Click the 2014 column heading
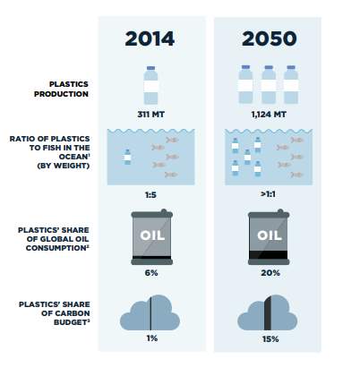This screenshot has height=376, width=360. (x=150, y=38)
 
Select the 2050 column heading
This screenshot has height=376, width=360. (x=270, y=38)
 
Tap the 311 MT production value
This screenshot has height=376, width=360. (x=150, y=115)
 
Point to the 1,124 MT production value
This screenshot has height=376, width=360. (x=269, y=115)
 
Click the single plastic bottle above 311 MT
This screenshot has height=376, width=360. (x=150, y=85)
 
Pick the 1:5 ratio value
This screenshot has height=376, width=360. (x=150, y=195)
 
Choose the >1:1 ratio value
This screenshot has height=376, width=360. (x=268, y=194)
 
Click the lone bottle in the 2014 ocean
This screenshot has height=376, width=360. (x=127, y=157)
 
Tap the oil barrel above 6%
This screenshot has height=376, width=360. (x=152, y=237)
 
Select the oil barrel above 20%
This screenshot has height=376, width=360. (x=269, y=237)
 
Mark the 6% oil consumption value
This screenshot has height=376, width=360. (x=151, y=273)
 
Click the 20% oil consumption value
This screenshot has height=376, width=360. (x=270, y=273)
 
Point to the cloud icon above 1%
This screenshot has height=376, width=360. (x=150, y=313)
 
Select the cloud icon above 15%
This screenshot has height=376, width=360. (x=268, y=312)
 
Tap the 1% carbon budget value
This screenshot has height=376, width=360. (x=152, y=338)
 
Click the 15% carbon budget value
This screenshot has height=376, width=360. (x=270, y=339)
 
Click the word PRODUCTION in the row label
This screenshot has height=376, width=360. (x=61, y=94)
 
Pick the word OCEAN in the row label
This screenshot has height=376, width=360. (x=73, y=157)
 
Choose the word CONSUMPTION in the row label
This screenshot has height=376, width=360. (x=56, y=248)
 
